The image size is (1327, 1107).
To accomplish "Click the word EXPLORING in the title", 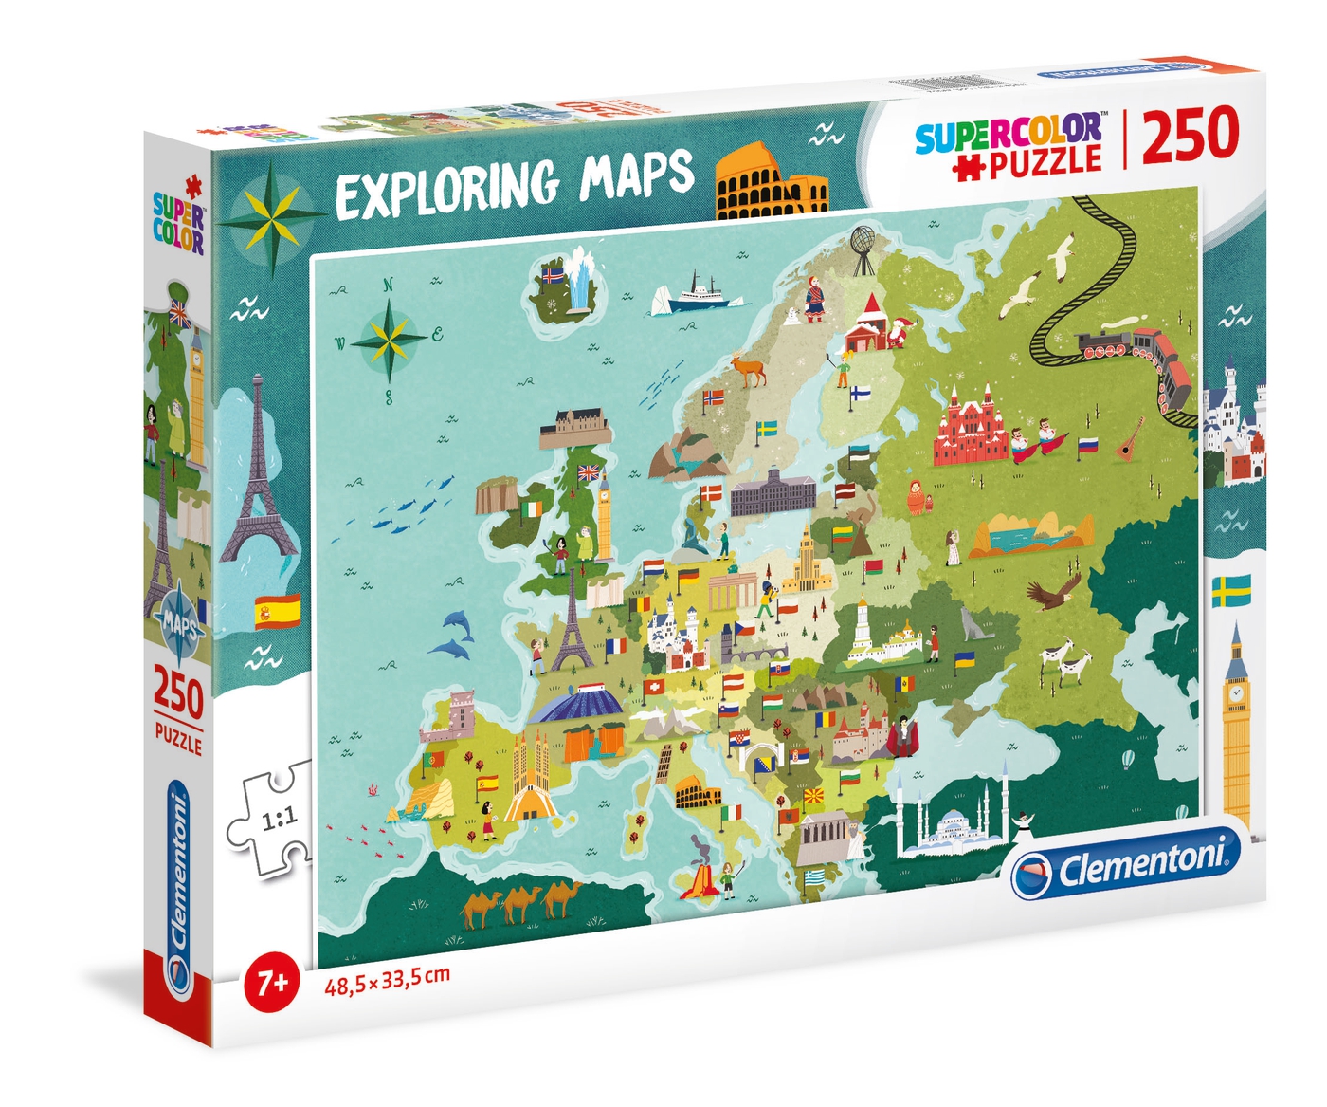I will coord(446,185).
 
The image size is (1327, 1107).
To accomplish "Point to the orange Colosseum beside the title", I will coord(770,183).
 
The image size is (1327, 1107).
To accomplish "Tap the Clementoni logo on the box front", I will coord(1125,865).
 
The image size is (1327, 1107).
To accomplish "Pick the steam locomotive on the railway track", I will coord(1103,346).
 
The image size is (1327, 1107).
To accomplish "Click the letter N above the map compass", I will coord(388,284).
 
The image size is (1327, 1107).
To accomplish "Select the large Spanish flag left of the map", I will coord(277,612).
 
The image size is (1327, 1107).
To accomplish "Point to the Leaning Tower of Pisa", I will coord(663,765).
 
